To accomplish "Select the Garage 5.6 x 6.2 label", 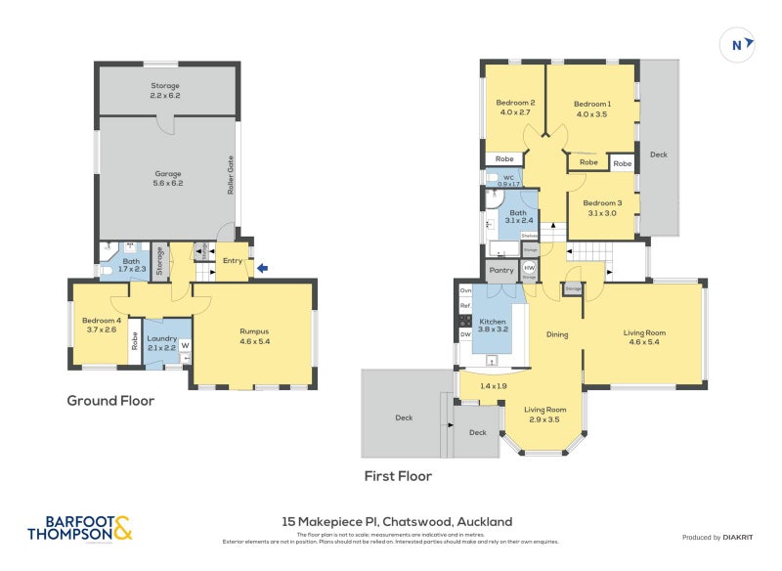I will [167, 178].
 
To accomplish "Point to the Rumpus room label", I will [254, 336].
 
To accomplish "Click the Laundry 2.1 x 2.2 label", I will [162, 342].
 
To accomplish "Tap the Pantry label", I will [501, 270].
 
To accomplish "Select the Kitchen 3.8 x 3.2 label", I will [493, 326].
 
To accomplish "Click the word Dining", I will [557, 334].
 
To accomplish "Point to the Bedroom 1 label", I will [591, 108].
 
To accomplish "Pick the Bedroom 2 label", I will [514, 107].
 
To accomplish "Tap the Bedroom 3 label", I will [602, 207].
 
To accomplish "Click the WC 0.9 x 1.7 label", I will [508, 180].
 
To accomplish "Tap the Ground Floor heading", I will [110, 400].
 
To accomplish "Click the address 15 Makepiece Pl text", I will [397, 521].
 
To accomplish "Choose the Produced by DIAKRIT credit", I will [718, 537].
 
